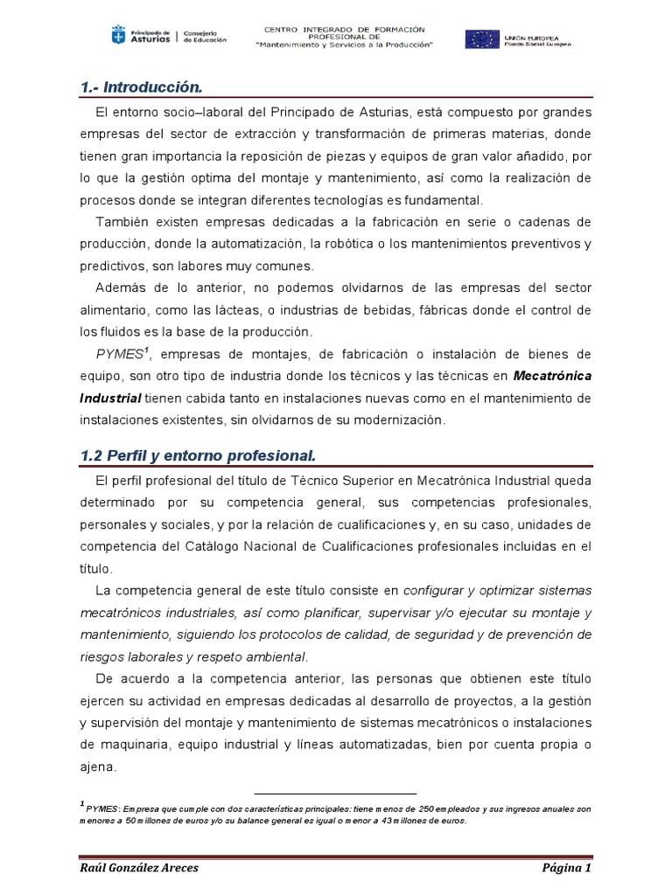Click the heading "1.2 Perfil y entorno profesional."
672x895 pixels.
pyautogui.click(x=197, y=456)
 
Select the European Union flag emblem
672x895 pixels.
pyautogui.click(x=481, y=39)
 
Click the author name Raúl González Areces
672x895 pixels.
pyautogui.click(x=138, y=868)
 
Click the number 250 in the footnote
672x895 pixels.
pyautogui.click(x=418, y=809)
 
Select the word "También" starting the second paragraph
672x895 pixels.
pyautogui.click(x=121, y=222)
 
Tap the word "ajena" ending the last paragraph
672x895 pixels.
pyautogui.click(x=95, y=767)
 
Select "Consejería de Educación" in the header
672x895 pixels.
pyautogui.click(x=205, y=37)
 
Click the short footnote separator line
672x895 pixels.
pyautogui.click(x=336, y=794)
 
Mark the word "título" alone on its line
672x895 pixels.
pyautogui.click(x=95, y=567)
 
